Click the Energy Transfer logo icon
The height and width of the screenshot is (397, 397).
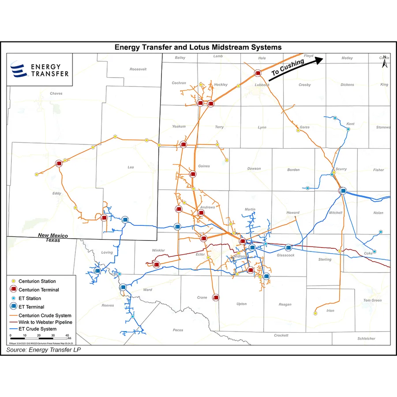[x=19, y=70]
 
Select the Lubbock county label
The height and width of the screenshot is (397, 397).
[x=262, y=85]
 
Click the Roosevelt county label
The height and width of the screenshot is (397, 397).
[x=138, y=69]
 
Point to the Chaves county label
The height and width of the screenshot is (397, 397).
[x=56, y=94]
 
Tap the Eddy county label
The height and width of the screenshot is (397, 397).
[x=57, y=193]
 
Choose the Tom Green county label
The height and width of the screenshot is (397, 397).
[x=372, y=300]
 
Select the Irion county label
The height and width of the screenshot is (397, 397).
[x=330, y=311]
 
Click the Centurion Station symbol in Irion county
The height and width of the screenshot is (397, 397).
[x=315, y=313]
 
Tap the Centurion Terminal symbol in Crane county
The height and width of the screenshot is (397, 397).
[x=216, y=297]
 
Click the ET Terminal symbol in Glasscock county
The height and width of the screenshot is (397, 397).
[x=288, y=247]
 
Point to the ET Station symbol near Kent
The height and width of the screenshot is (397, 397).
[x=336, y=118]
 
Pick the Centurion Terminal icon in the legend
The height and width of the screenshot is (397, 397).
[x=13, y=289]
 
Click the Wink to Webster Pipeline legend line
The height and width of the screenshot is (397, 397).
[x=13, y=322]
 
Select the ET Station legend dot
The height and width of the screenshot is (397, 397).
[x=13, y=298]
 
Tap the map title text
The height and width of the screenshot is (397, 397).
[x=198, y=47]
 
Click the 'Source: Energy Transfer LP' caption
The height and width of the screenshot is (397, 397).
[x=44, y=349]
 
